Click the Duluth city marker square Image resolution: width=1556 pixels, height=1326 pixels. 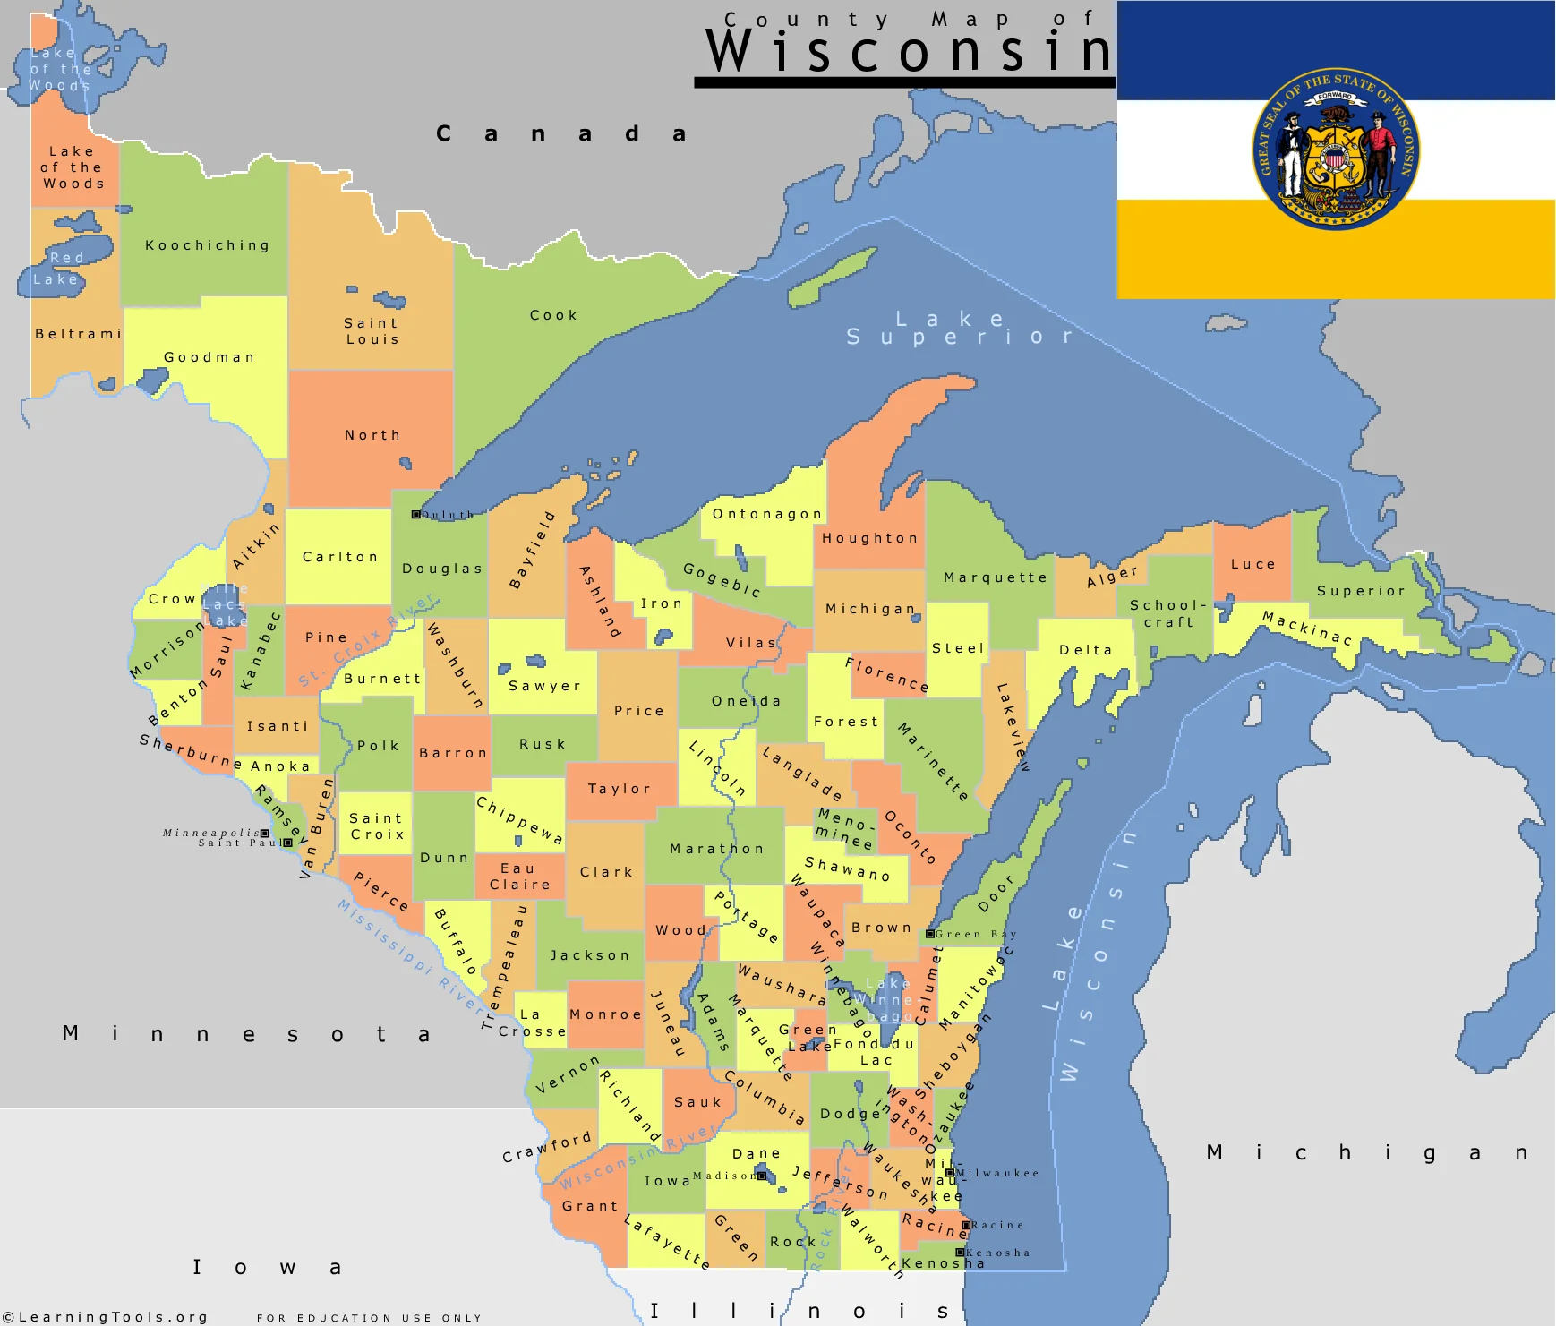(x=415, y=515)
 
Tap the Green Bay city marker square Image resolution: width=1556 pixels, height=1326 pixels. (x=930, y=934)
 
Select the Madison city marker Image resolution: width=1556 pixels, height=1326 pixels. (x=762, y=1176)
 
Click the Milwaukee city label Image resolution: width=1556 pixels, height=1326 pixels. (x=997, y=1173)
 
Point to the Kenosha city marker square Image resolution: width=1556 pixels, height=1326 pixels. (x=960, y=1253)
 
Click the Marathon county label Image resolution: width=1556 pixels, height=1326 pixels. (x=717, y=849)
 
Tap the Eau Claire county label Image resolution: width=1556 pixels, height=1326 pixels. (x=519, y=877)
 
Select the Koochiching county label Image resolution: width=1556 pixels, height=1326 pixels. (x=208, y=245)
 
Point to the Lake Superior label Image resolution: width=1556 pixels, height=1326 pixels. (x=958, y=328)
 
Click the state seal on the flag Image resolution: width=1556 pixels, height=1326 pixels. (x=1335, y=150)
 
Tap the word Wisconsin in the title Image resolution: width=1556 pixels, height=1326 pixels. (x=908, y=51)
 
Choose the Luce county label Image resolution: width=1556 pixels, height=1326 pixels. (x=1252, y=564)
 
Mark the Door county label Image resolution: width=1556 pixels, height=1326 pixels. (x=996, y=894)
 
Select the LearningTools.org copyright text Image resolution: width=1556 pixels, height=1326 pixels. (x=106, y=1317)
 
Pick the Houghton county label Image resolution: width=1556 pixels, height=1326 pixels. (x=870, y=538)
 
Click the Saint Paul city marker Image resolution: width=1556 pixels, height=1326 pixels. (x=287, y=843)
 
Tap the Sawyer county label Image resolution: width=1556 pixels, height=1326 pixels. (x=544, y=686)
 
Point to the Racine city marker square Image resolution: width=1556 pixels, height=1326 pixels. (x=966, y=1225)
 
